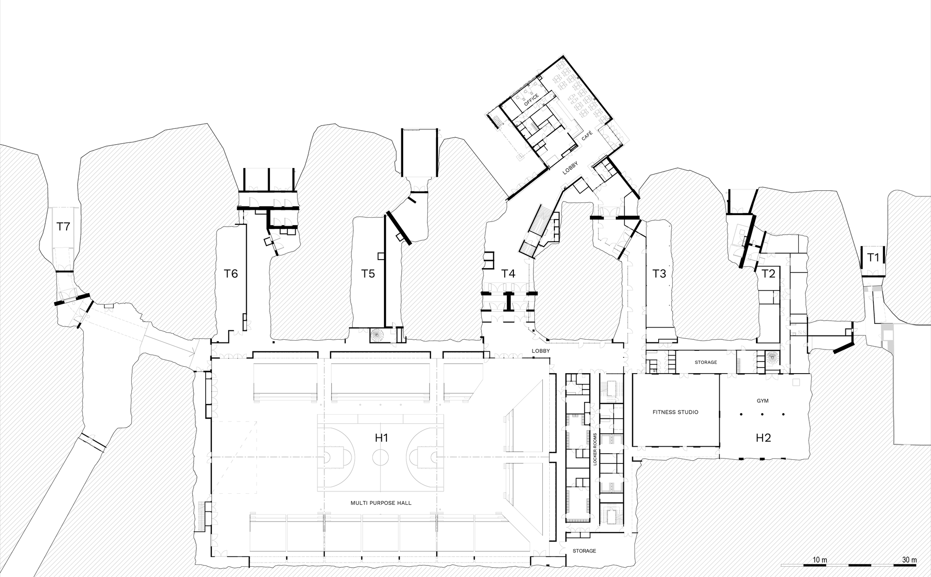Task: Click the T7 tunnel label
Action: (x=63, y=227)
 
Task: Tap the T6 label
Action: (x=231, y=274)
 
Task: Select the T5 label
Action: (x=368, y=274)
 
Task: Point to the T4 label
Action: (x=508, y=274)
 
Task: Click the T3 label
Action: (x=659, y=274)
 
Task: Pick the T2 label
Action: (x=768, y=274)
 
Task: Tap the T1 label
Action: (x=873, y=257)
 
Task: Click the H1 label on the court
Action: (x=381, y=437)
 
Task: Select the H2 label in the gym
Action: (x=763, y=437)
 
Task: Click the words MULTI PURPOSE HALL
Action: (x=381, y=503)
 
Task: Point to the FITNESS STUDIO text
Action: (x=675, y=412)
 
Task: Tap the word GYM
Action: (x=762, y=400)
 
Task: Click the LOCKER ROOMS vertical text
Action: (x=595, y=450)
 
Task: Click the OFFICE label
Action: (x=531, y=100)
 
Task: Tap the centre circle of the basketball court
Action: (x=380, y=457)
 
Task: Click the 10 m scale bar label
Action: (x=820, y=559)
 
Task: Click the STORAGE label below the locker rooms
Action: (x=584, y=551)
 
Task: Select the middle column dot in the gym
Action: (x=762, y=414)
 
